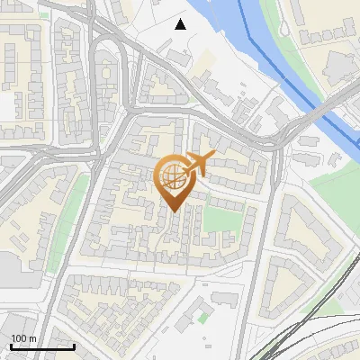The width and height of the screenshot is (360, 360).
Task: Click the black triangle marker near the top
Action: coord(181,24)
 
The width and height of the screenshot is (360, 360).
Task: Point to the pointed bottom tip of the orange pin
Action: coord(171,212)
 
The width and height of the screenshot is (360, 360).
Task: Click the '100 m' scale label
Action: coord(23,338)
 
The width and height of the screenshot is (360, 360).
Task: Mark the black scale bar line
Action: coord(42,346)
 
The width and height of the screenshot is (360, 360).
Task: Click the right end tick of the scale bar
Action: coord(75,345)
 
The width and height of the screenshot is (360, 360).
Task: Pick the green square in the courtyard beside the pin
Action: coord(215,219)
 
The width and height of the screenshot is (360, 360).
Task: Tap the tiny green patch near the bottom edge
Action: coord(202,317)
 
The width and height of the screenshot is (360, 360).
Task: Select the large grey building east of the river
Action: coord(340,65)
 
